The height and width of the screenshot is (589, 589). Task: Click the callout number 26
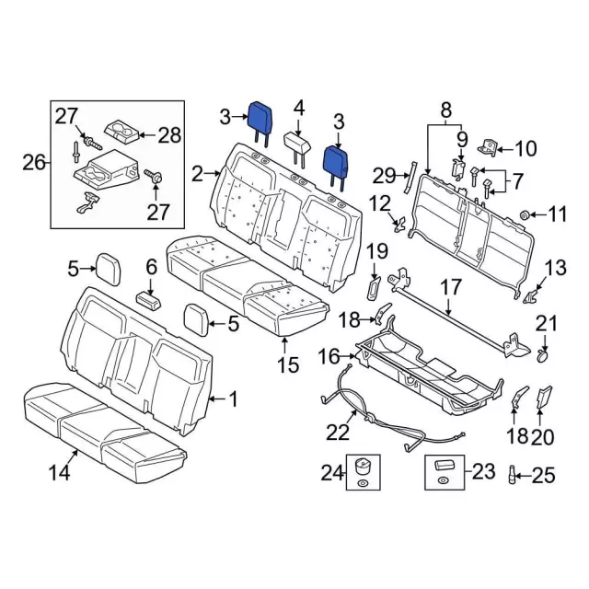pos(34,163)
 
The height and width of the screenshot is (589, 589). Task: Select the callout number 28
pos(170,135)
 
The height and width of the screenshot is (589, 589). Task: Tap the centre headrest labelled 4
pos(296,143)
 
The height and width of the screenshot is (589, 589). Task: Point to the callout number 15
pos(288,365)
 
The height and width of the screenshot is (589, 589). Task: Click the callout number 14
pos(59,474)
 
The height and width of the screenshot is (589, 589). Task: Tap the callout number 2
pos(197,172)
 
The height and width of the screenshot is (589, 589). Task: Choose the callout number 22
pos(340,432)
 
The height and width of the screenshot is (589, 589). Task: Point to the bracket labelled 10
pos(490,145)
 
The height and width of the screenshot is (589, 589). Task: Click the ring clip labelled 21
pos(543,352)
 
